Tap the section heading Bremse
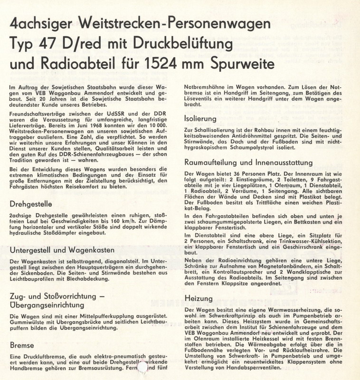[x=22, y=345]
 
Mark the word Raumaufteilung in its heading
[x=214, y=162]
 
